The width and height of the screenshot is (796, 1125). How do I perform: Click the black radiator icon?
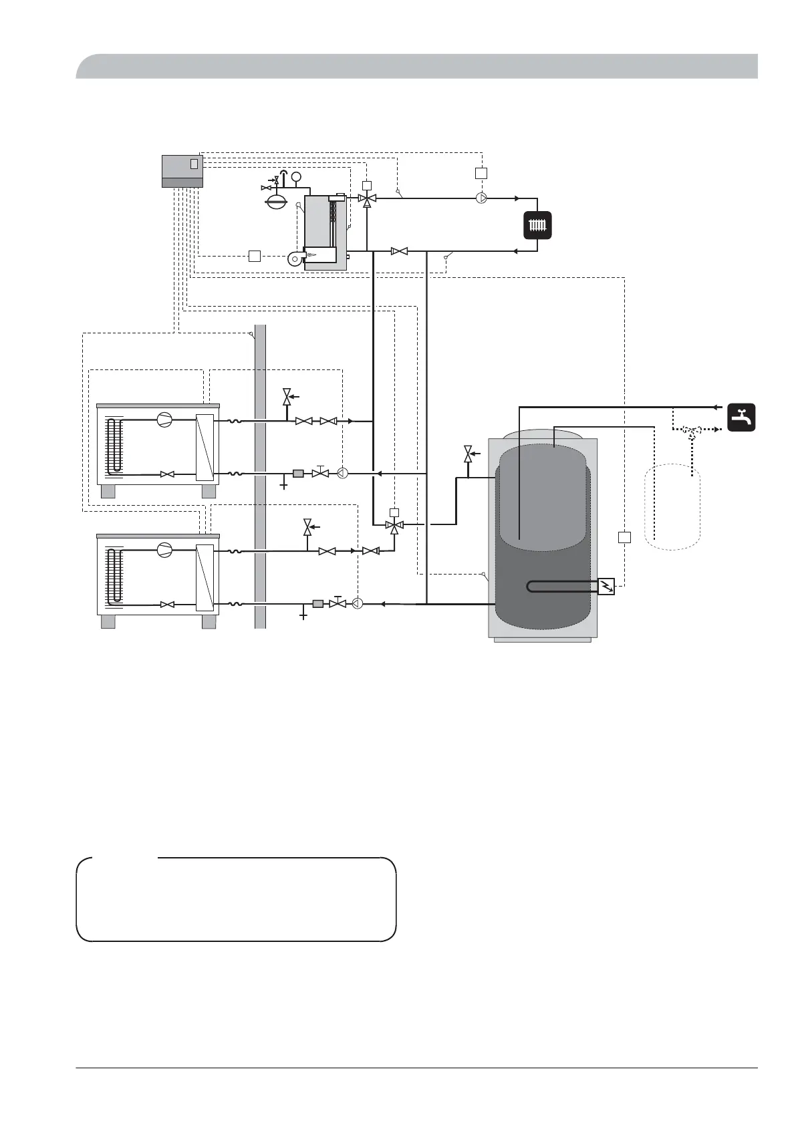pos(537,225)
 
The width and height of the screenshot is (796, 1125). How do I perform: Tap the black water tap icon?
pos(741,418)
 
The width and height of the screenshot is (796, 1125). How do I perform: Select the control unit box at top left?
pos(182,171)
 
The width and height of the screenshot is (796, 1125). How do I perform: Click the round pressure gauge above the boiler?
pos(297,176)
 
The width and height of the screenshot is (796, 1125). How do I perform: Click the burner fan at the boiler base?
pos(295,259)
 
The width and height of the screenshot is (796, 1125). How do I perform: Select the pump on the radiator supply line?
pos(482,198)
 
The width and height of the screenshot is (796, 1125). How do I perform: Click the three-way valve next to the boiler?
pos(367,198)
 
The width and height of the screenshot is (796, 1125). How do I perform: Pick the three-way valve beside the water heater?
pos(394,526)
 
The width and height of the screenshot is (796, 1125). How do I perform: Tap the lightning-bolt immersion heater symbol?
pos(606,586)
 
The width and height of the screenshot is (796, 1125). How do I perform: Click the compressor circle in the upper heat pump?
pos(164,420)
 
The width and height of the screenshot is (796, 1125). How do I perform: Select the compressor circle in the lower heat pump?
pos(164,550)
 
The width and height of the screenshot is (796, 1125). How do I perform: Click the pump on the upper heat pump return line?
pos(342,474)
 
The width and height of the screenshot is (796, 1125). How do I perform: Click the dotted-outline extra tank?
pos(672,508)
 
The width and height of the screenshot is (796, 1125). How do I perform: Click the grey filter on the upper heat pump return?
pos(298,474)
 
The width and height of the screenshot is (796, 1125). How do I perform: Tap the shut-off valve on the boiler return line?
pos(400,251)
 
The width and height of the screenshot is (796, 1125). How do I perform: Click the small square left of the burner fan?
pos(254,255)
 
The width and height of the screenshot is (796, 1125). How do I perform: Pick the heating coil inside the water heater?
pos(561,587)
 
